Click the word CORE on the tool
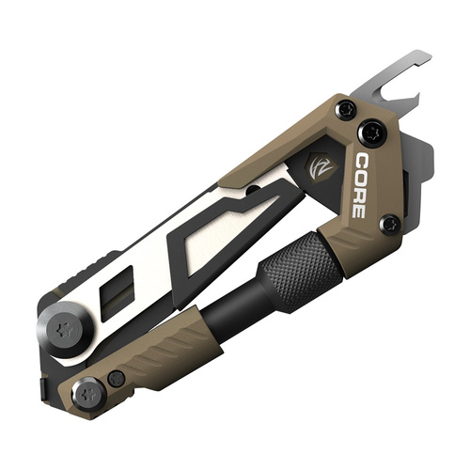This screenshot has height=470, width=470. coord(363,185)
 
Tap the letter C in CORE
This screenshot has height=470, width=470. coord(363,161)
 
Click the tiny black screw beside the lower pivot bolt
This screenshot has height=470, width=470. coord(116,378)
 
